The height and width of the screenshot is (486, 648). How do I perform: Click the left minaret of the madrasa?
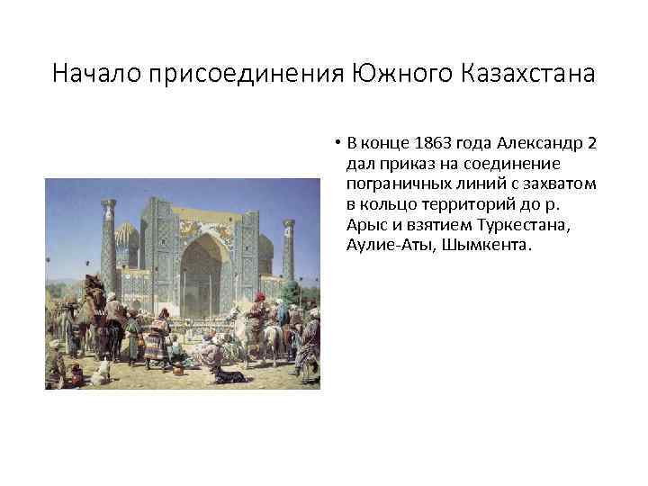109,243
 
